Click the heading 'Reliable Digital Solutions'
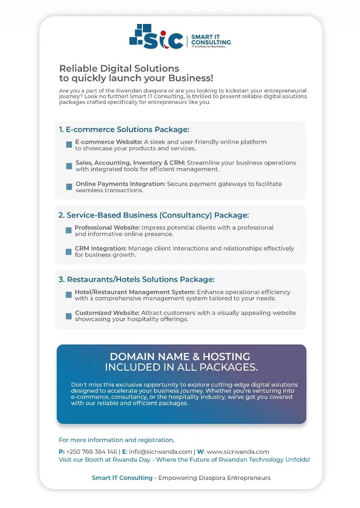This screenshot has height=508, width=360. [119, 68]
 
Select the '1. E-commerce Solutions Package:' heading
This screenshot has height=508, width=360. [124, 129]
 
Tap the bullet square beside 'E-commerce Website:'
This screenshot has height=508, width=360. [69, 145]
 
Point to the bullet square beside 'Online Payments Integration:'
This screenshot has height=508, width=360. [69, 187]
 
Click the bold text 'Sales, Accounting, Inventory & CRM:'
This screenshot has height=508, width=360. [130, 163]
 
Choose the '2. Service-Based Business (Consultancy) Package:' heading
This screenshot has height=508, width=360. [153, 215]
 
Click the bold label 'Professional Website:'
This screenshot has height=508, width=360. [107, 228]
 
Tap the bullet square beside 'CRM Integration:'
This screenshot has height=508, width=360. [68, 252]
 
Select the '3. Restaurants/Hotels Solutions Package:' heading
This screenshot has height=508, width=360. [136, 279]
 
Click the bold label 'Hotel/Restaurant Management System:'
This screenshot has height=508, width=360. [135, 292]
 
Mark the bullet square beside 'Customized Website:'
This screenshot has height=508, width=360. [68, 316]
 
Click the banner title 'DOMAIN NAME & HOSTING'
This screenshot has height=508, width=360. [180, 357]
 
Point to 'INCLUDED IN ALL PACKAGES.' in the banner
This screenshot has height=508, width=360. [181, 368]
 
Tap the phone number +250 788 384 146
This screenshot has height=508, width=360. [91, 452]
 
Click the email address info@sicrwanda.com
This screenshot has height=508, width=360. [160, 452]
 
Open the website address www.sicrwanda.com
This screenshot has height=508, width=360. [238, 452]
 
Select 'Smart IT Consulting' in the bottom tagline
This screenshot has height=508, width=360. [122, 478]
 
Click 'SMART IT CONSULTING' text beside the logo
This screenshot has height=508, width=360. [210, 40]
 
